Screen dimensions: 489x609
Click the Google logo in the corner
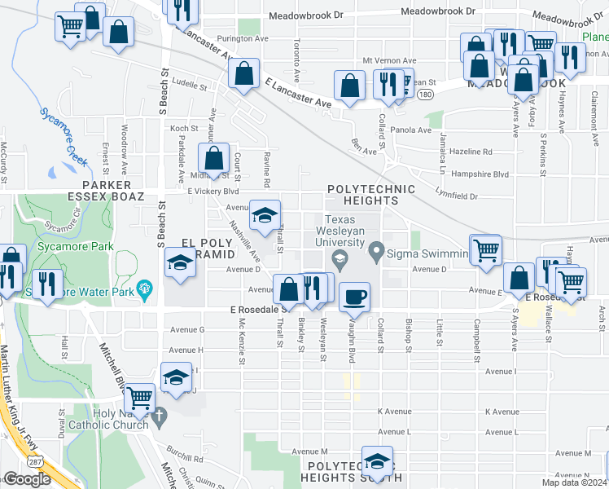click(27, 478)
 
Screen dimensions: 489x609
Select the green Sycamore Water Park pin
click(145, 288)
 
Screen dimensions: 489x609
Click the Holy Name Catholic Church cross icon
click(160, 416)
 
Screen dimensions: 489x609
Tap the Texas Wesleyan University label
click(352, 231)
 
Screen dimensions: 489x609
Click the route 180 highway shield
click(425, 95)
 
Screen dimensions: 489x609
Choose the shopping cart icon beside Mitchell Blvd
click(140, 397)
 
